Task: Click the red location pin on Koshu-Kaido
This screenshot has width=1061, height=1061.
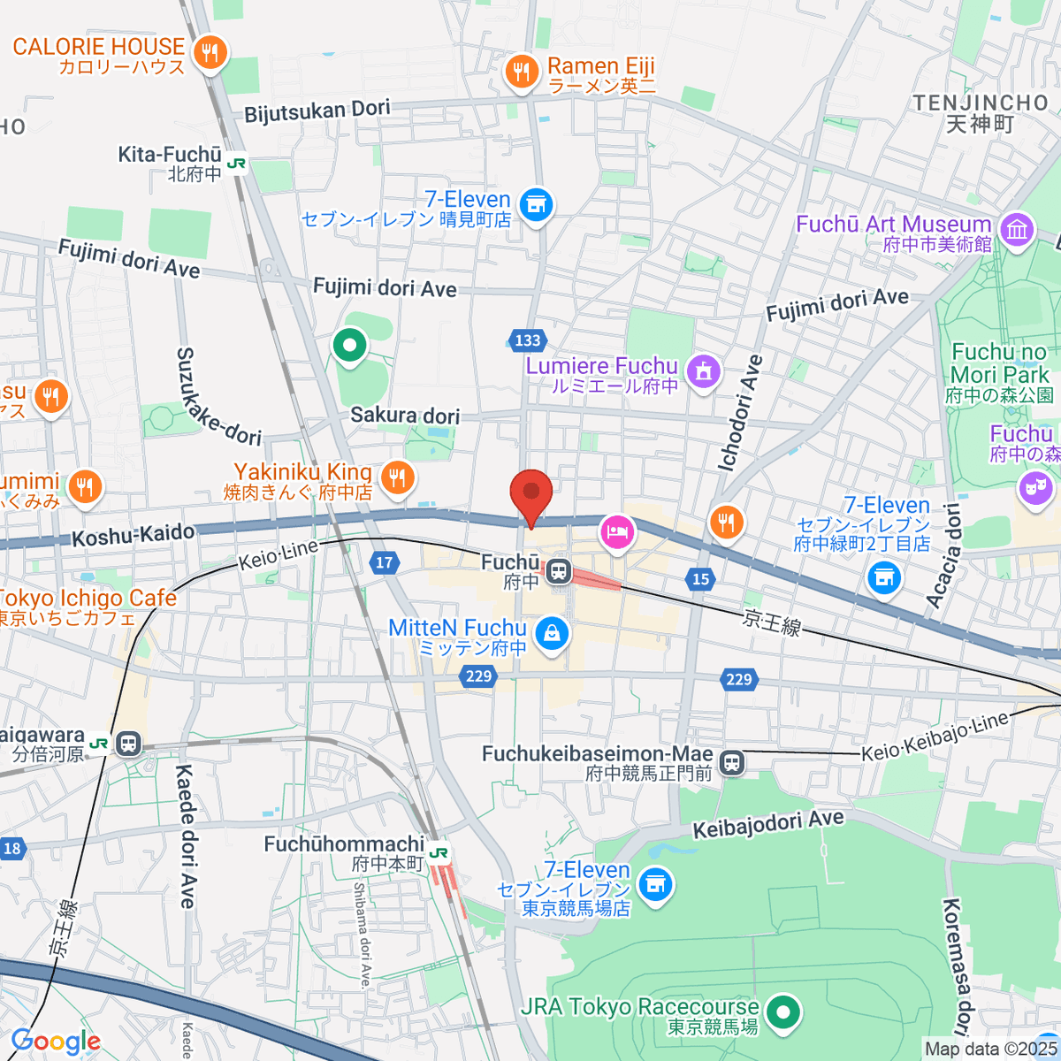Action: [x=531, y=493]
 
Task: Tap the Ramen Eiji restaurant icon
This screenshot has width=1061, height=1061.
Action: [x=522, y=73]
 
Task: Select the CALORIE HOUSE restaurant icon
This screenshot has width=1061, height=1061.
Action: [x=210, y=53]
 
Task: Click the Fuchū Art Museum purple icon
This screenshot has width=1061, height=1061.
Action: [x=1017, y=230]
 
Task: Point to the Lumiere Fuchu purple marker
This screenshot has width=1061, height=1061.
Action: [x=703, y=371]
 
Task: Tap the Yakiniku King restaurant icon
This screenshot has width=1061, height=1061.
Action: [x=397, y=478]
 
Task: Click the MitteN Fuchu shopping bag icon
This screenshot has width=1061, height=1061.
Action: [x=552, y=633]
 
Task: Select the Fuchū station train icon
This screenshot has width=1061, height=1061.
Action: [x=558, y=572]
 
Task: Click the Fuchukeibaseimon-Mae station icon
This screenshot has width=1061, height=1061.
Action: [x=731, y=763]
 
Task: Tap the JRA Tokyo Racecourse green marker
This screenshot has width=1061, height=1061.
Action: [x=782, y=1011]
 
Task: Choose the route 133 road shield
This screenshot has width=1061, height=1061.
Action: [x=527, y=340]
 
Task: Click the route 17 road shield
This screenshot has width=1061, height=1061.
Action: [x=384, y=563]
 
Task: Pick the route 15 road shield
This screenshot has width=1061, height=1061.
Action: [x=700, y=579]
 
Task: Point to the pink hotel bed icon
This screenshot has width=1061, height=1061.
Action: [x=617, y=531]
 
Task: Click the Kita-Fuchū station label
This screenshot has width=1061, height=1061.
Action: [x=170, y=156]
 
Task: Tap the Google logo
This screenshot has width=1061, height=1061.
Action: [x=55, y=1042]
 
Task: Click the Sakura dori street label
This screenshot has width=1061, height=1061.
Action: [x=405, y=416]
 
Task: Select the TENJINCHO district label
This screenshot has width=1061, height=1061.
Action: [x=981, y=103]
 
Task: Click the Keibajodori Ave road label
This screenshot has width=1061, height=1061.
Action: [x=767, y=825]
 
